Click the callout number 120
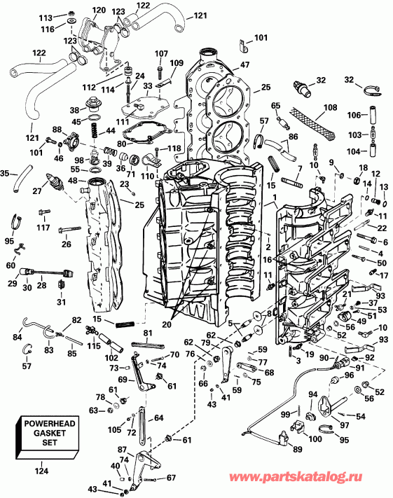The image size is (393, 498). [99, 10]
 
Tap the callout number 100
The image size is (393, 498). [315, 439]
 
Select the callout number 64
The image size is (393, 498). [159, 418]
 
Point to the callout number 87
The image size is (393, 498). [122, 449]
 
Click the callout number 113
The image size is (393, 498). [65, 17]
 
